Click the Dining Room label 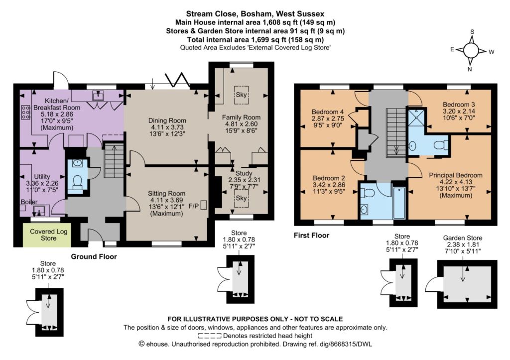pyautogui.click(x=167, y=120)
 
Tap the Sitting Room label pyautogui.click(x=166, y=193)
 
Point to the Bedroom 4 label pyautogui.click(x=328, y=112)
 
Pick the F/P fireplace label pyautogui.click(x=194, y=206)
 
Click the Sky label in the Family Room pyautogui.click(x=241, y=95)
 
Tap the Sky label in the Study pyautogui.click(x=241, y=198)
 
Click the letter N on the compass pyautogui.click(x=470, y=69)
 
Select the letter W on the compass pyautogui.click(x=492, y=52)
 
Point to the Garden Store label pyautogui.click(x=463, y=238)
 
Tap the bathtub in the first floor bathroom pyautogui.click(x=399, y=203)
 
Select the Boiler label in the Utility pyautogui.click(x=29, y=202)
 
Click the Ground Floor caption pyautogui.click(x=94, y=256)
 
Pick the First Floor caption pyautogui.click(x=312, y=236)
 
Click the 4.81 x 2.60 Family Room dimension pyautogui.click(x=242, y=124)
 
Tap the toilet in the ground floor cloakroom pyautogui.click(x=77, y=182)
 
